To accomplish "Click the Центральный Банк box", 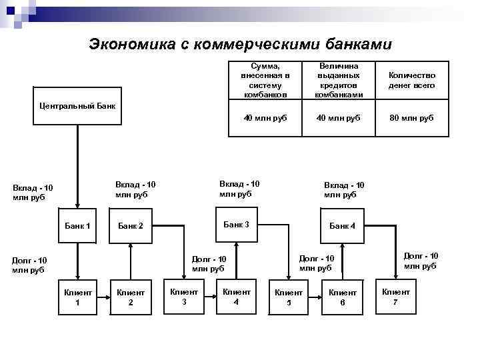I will [77, 105].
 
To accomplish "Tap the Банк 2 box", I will [131, 225].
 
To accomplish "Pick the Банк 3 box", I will [236, 224].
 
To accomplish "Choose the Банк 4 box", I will [343, 225].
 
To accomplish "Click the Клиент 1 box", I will [77, 297].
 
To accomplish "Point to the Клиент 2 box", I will [131, 297].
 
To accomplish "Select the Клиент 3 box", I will [184, 296].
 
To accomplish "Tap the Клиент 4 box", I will [237, 296].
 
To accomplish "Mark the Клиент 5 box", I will [289, 297].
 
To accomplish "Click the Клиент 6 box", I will [343, 297].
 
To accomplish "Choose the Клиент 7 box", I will [395, 296].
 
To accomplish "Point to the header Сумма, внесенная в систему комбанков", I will [265, 81].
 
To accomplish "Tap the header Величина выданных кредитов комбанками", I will [339, 81].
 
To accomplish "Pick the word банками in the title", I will [359, 44].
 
